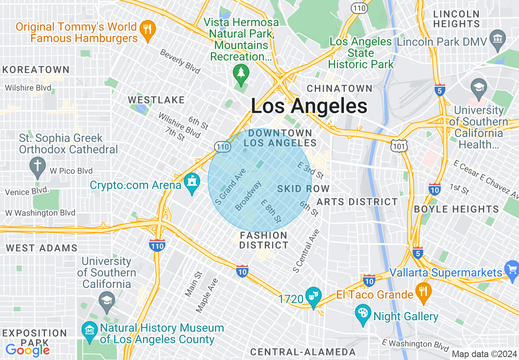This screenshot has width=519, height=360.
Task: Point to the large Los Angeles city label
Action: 309,106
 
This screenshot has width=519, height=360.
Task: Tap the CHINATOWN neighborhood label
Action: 339,88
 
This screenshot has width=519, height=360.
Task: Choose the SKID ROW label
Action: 303,189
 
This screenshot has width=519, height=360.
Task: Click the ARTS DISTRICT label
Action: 357,202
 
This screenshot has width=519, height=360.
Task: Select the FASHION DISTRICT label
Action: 264,240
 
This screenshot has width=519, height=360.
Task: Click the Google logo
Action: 27,350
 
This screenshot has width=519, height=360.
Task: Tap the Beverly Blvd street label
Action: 180,61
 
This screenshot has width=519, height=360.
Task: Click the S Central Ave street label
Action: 306,251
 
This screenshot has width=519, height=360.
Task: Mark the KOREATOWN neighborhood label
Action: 36,70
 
